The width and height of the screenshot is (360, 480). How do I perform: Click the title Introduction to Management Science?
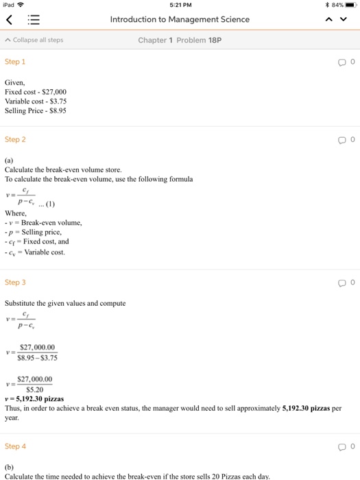pos(180,19)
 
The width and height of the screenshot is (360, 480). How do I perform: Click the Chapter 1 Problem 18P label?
pos(180,40)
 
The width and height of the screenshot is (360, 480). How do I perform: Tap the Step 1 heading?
pos(15,62)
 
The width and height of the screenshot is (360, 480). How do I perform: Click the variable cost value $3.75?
pos(60,101)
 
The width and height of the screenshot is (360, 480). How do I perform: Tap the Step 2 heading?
pos(15,139)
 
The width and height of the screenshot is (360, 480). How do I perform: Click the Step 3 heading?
pos(15,283)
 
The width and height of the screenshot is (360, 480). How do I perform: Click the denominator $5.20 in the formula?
pos(35,389)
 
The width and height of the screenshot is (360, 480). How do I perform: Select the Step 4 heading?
pos(15,446)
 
